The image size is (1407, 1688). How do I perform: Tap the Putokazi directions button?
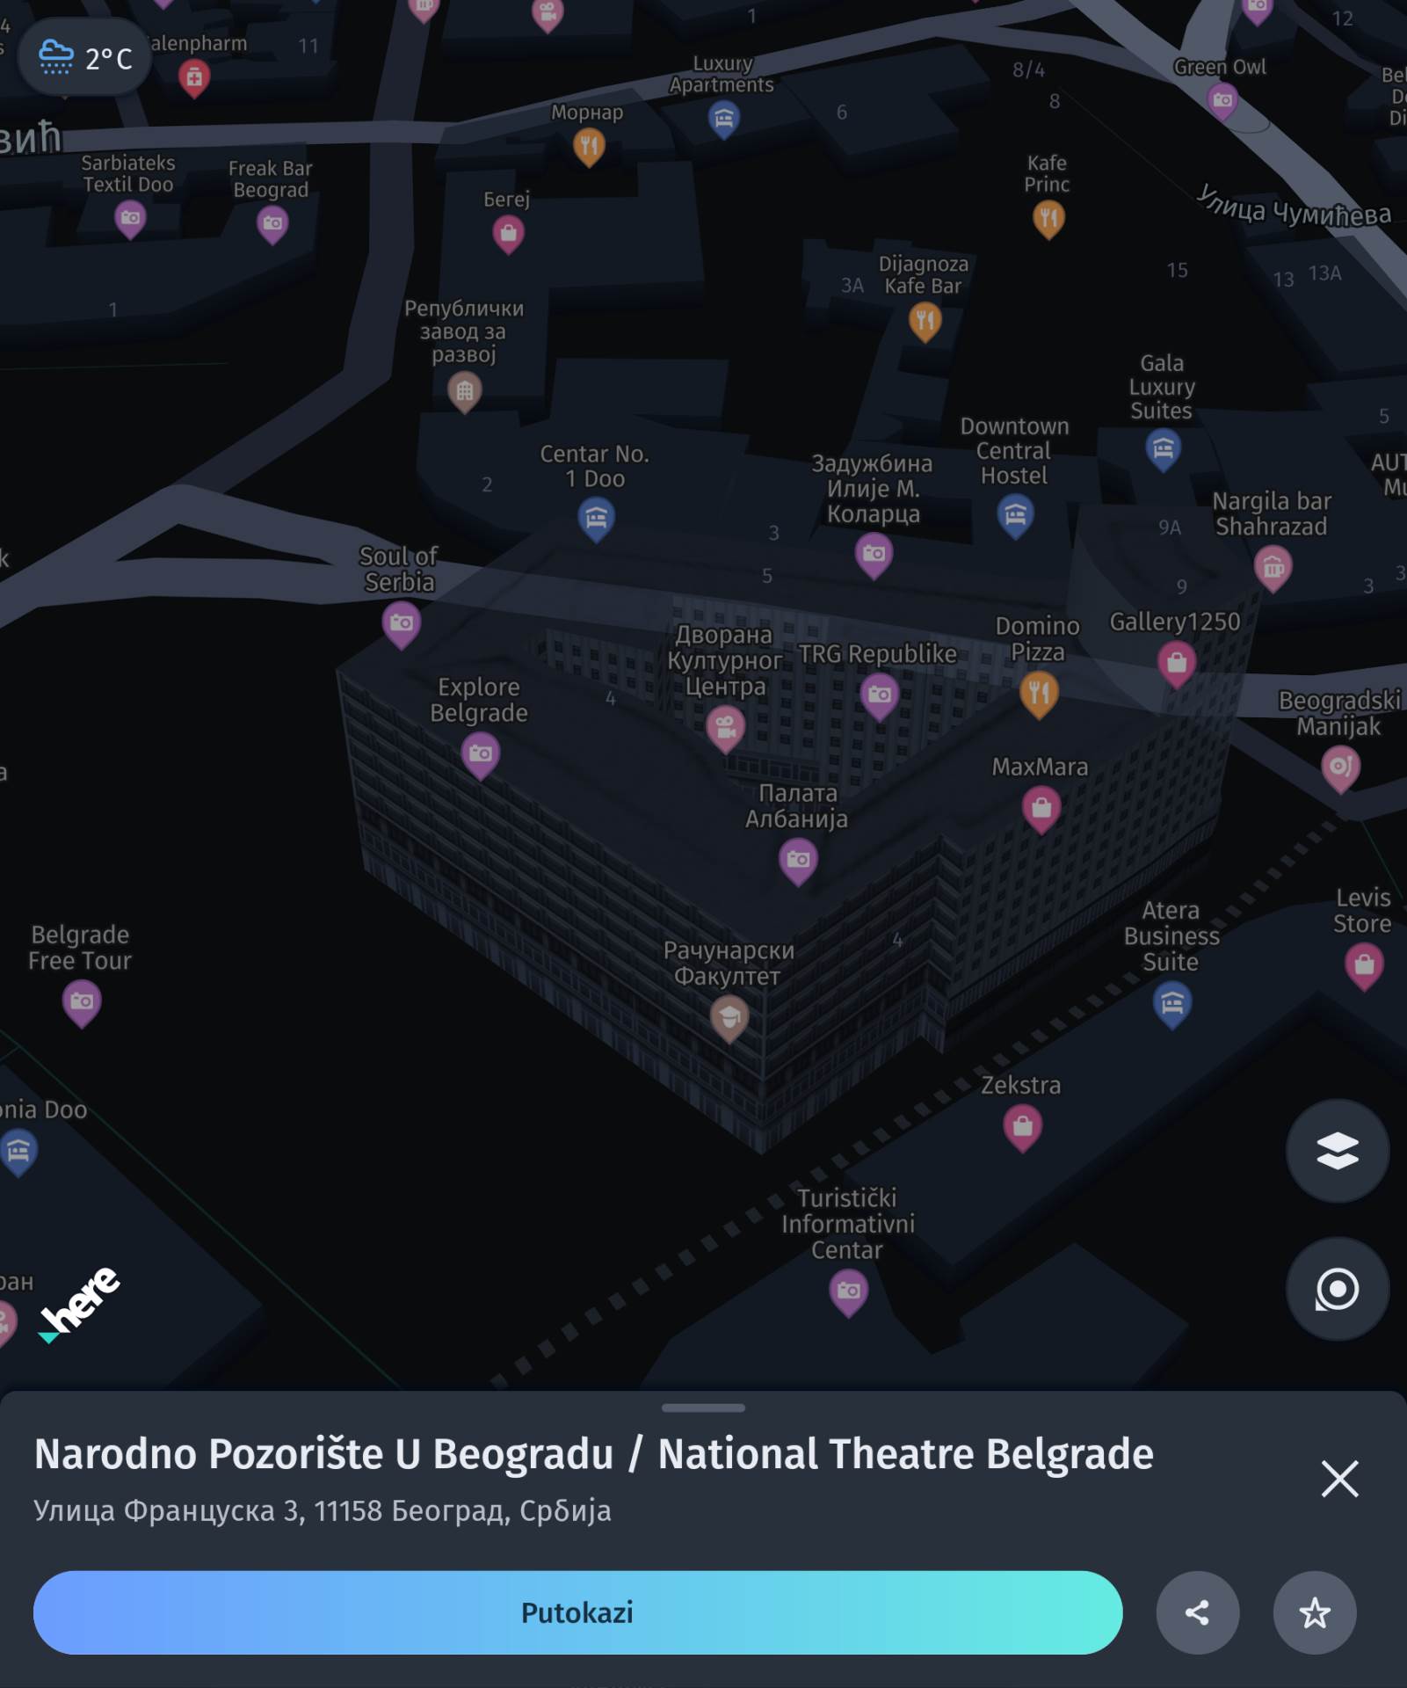tap(577, 1612)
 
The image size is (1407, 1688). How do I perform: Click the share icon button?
tap(1197, 1612)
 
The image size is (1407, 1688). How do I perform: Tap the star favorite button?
tap(1315, 1612)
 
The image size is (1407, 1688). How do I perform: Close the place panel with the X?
tap(1339, 1479)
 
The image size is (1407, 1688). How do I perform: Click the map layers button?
tap(1337, 1151)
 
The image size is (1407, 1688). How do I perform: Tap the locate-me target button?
tap(1337, 1289)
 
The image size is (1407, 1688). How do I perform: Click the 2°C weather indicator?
tap(85, 58)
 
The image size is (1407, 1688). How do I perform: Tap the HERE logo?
tap(80, 1305)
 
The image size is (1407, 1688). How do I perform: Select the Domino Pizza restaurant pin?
tap(1039, 693)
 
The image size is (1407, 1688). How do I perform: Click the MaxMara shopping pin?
tap(1041, 807)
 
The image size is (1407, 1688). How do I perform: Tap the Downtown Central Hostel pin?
tap(1016, 513)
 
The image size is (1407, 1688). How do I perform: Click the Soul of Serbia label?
tap(399, 569)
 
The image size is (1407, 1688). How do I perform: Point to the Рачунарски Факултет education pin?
tap(729, 1018)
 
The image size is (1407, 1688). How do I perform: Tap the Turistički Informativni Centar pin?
tap(848, 1291)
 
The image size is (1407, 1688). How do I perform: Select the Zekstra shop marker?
tap(1022, 1126)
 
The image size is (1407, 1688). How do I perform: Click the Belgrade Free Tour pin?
tap(82, 1001)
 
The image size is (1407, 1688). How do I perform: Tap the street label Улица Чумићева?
tap(1294, 207)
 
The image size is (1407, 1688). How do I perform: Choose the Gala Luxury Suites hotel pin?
tap(1163, 449)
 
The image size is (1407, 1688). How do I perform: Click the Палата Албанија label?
tap(797, 805)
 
